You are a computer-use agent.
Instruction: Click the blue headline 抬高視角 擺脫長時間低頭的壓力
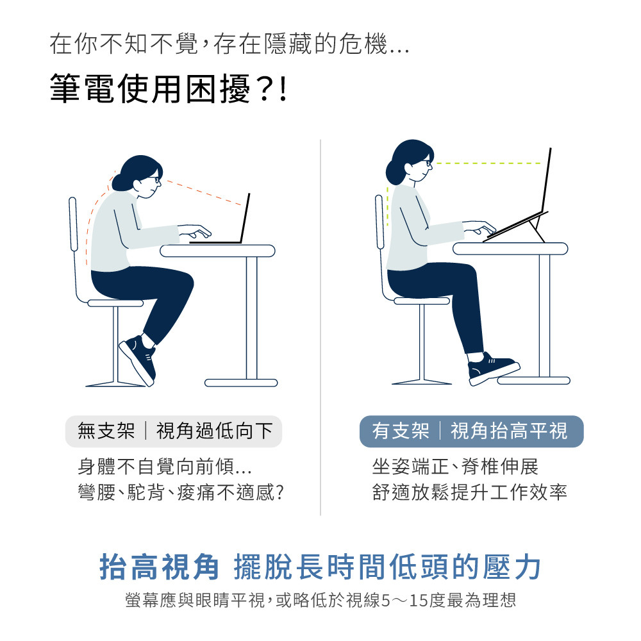320,567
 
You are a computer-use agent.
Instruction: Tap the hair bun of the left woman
120,181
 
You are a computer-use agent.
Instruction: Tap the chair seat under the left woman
115,303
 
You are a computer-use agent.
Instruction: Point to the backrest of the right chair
379,244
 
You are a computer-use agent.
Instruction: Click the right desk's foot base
533,380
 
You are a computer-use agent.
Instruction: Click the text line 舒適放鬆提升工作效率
469,492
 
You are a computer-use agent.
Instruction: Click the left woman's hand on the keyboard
196,231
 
